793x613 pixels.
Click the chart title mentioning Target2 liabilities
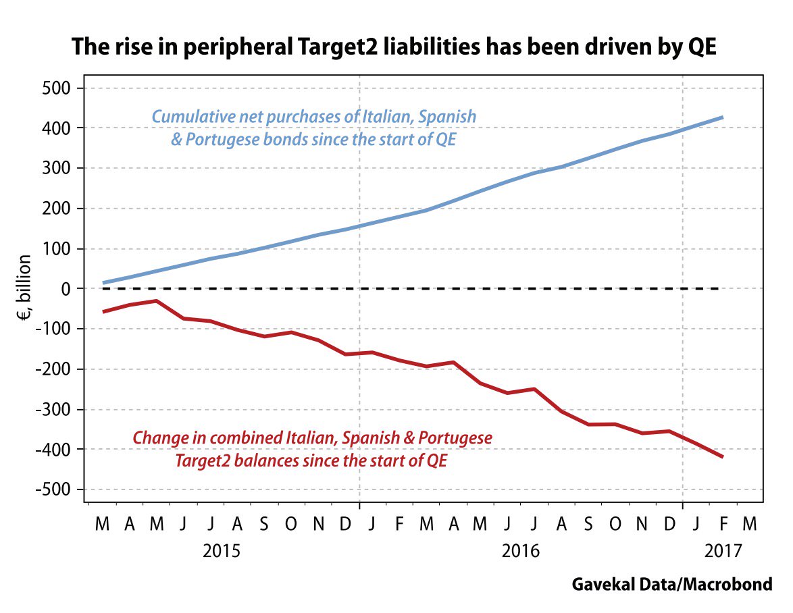(x=396, y=47)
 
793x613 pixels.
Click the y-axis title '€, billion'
(x=24, y=289)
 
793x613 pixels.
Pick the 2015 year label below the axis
(x=222, y=550)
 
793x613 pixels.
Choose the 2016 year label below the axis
(x=521, y=550)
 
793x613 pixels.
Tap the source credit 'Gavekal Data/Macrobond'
(x=671, y=584)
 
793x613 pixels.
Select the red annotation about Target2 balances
(x=312, y=449)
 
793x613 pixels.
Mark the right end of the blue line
(x=723, y=117)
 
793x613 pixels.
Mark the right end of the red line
(x=723, y=457)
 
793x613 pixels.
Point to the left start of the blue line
(x=103, y=283)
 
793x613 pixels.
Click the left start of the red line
(x=103, y=311)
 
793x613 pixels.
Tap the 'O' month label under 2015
(x=291, y=523)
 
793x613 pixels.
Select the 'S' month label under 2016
(x=588, y=523)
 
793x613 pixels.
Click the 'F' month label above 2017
(x=723, y=523)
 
